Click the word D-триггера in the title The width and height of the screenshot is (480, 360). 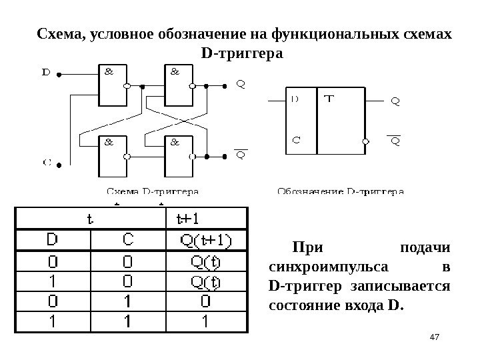(241, 51)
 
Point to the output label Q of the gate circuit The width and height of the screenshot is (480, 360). (241, 84)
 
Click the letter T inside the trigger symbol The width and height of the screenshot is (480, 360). (329, 100)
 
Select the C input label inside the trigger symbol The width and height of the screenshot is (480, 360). (296, 141)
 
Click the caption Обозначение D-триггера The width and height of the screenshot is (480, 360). (340, 192)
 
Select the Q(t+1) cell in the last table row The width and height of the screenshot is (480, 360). (205, 322)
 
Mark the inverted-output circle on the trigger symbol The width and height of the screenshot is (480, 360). (365, 141)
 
